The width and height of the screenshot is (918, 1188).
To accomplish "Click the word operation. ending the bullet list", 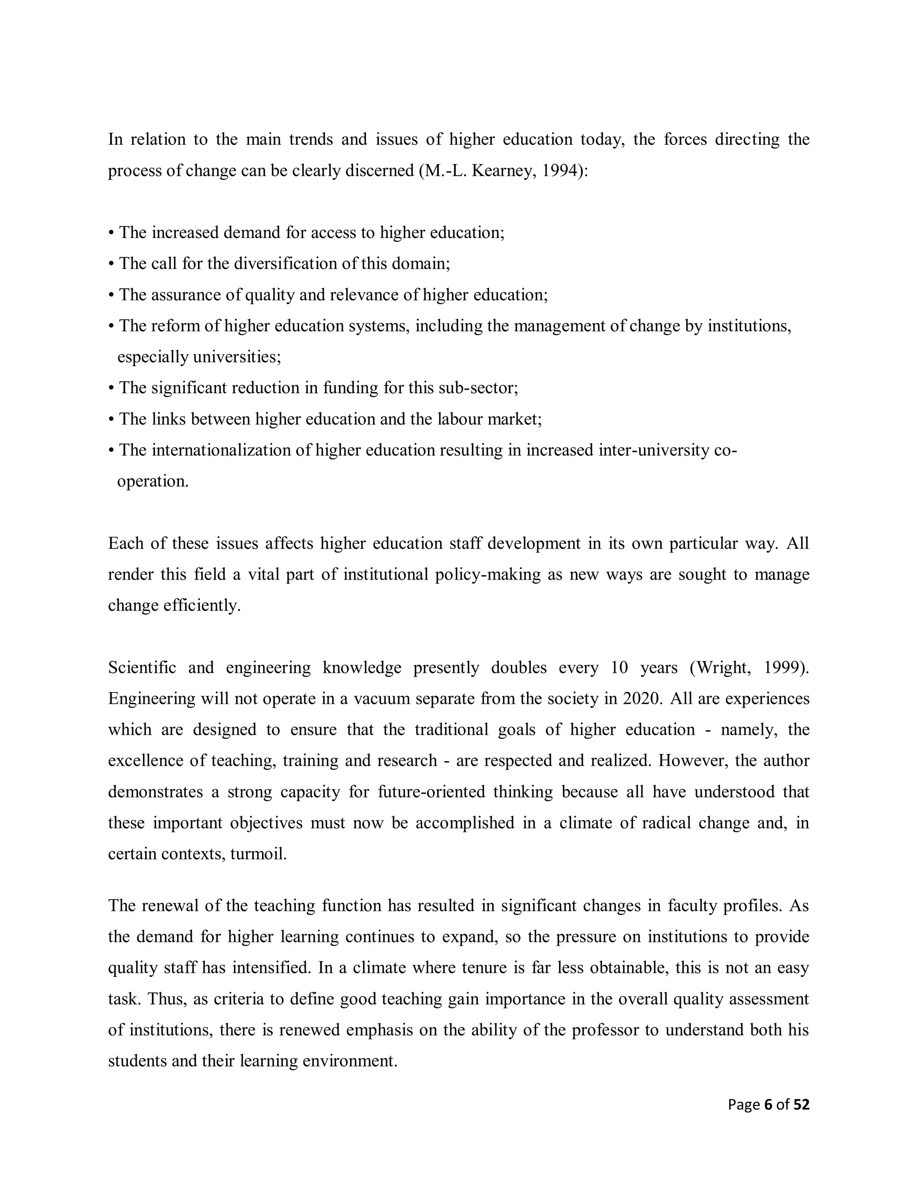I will click(x=153, y=481).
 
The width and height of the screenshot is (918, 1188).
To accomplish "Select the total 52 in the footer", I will click(x=801, y=1105).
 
